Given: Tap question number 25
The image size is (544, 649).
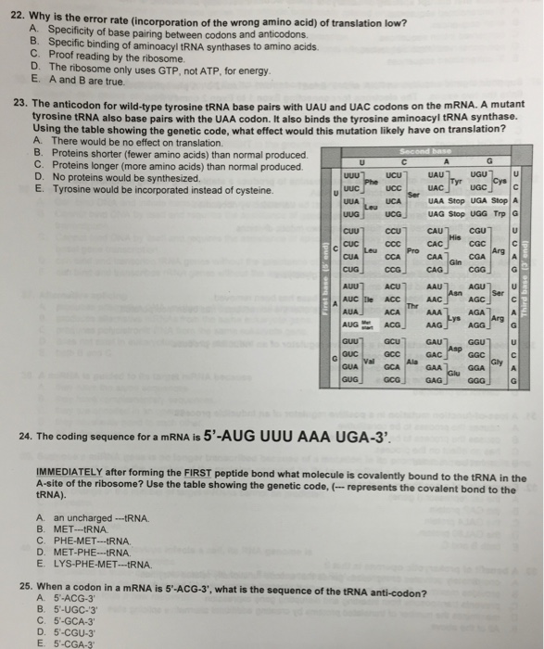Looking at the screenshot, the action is tap(29, 585).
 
